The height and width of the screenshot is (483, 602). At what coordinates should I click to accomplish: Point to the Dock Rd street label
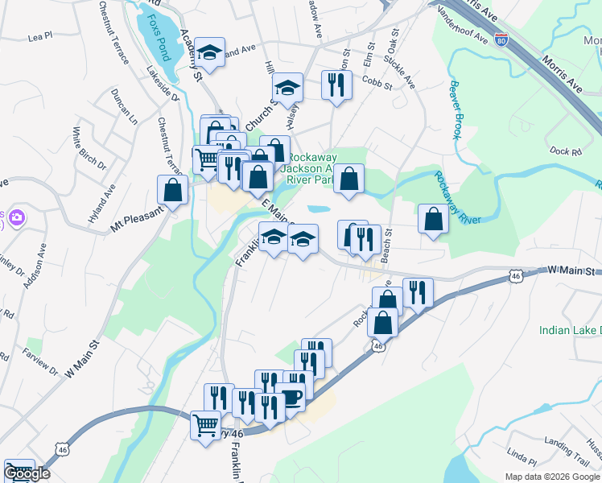coord(565,151)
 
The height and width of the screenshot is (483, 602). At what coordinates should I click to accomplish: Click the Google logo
coord(26,473)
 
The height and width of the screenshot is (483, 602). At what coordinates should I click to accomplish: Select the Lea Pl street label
coord(39,36)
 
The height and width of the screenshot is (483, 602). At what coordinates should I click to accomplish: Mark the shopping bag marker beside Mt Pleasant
coord(173,190)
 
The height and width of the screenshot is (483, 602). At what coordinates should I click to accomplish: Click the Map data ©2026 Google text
coord(552,477)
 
